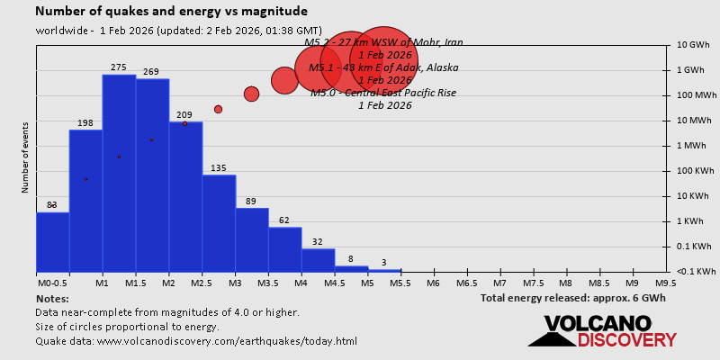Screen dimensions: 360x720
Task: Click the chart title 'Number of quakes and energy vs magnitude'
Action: coord(171,12)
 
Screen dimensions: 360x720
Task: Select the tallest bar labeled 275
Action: coord(119,171)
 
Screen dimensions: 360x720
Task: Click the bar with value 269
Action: coord(152,175)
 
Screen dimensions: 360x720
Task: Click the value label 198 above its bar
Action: coord(85,123)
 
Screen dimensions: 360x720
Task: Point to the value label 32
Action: coord(318,242)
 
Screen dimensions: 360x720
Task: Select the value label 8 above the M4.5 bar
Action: coord(351,259)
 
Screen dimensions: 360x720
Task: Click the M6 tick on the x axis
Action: coord(433,283)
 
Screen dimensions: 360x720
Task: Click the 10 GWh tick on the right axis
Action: coord(695,45)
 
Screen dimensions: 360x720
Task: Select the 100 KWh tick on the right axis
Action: coord(695,171)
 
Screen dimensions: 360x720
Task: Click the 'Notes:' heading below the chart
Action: coord(52,298)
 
